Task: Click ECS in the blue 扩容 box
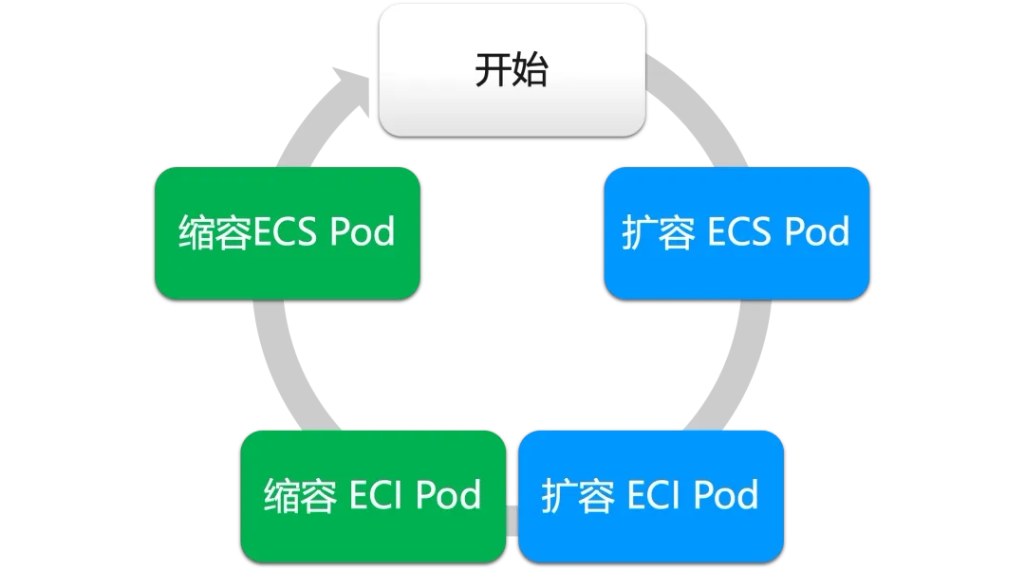[x=739, y=232]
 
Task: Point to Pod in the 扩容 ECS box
[x=815, y=232]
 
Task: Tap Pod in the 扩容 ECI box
[x=725, y=495]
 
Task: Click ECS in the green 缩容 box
[x=285, y=232]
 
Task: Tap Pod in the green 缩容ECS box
[x=362, y=232]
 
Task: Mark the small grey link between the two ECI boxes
[x=512, y=519]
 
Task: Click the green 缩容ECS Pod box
[x=287, y=275]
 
